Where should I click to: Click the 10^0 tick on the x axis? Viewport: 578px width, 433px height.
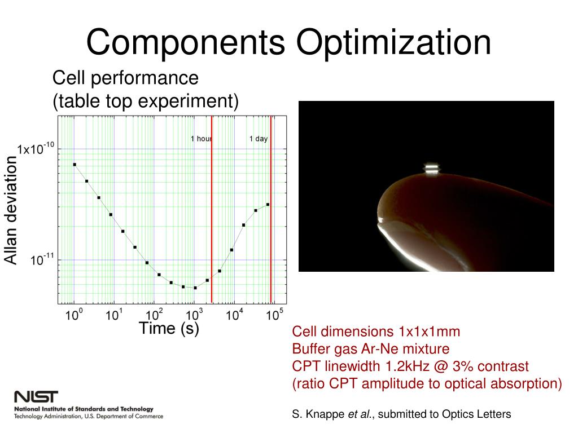click(x=74, y=315)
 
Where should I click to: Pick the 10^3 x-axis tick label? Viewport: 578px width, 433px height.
click(x=194, y=315)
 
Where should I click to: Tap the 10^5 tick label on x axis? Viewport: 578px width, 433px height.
click(x=274, y=315)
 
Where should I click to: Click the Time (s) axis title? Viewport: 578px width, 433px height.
click(x=169, y=329)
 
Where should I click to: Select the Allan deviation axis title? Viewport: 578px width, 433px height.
click(x=11, y=210)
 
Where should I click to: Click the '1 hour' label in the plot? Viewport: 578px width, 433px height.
click(x=200, y=139)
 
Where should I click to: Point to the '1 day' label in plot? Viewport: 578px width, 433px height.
click(x=259, y=139)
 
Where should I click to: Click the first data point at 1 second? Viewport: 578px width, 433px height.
click(x=75, y=165)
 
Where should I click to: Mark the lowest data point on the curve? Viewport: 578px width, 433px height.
click(x=195, y=288)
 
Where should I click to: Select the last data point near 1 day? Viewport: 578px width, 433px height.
click(x=268, y=205)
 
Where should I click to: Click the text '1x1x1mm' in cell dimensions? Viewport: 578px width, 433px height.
click(x=427, y=332)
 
